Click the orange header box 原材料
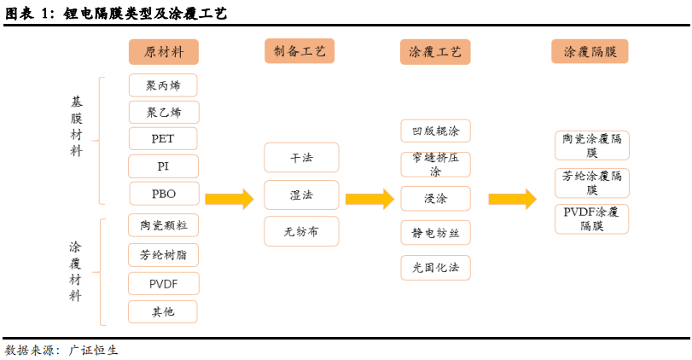tap(163, 51)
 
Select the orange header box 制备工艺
tap(299, 51)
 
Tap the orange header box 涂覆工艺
tap(435, 51)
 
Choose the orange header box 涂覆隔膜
tap(590, 51)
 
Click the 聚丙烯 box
tap(163, 85)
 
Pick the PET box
tap(163, 138)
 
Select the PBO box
tap(163, 194)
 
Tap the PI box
tap(163, 165)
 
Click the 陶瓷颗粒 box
tap(163, 225)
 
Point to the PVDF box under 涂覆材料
tap(163, 283)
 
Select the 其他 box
tap(163, 311)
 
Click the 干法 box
tap(301, 158)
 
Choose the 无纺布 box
tap(301, 231)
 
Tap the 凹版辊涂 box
tap(435, 131)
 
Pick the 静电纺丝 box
tap(435, 232)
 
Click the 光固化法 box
tap(435, 268)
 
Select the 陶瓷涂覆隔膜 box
tap(591, 145)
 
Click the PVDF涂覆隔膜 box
tap(591, 219)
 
